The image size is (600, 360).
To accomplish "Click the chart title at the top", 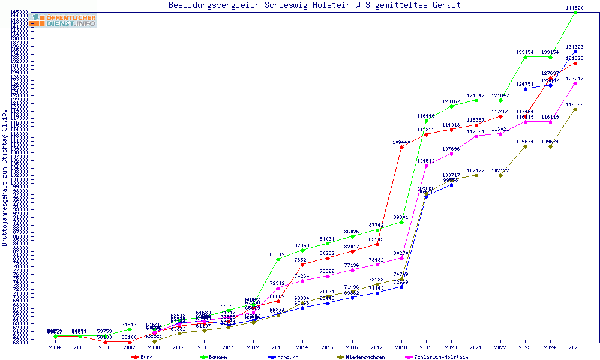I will (315, 5).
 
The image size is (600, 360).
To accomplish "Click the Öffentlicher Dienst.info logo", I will (63, 21).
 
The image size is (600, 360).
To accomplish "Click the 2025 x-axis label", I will (575, 347).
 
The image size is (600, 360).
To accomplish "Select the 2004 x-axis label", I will (55, 347).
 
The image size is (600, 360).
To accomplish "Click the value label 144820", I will (575, 8).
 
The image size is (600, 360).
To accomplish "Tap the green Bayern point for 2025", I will (575, 13).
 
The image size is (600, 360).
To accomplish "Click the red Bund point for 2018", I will (401, 147).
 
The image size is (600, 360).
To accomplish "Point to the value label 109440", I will (401, 142).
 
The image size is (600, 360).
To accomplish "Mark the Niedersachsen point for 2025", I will (575, 109).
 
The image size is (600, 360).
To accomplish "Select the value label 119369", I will (575, 104).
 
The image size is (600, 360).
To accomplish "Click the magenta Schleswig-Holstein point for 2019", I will (426, 166).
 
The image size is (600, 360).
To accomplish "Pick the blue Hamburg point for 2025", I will (575, 52).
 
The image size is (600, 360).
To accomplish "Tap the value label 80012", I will (277, 254).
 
